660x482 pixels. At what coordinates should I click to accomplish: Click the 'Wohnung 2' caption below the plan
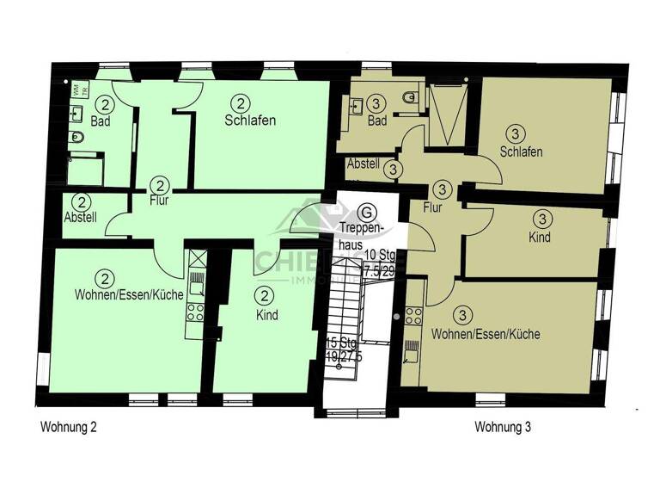point(69,426)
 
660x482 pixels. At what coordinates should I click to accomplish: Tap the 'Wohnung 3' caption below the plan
point(506,426)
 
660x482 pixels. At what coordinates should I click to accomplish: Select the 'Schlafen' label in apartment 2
point(250,120)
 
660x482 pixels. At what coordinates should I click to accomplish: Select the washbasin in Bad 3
point(354,108)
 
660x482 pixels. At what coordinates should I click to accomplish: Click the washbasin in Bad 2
point(77,112)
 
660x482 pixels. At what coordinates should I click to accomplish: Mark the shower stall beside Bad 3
point(446,109)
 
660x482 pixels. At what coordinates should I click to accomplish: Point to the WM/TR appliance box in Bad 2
point(78,90)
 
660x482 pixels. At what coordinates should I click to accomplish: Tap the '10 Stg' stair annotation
point(379,255)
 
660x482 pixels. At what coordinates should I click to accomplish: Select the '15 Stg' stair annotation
point(340,343)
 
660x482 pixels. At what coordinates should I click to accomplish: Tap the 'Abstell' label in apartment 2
point(81,219)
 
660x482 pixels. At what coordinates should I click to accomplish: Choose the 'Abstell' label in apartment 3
point(362,164)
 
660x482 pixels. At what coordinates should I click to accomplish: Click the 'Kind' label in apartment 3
point(539,238)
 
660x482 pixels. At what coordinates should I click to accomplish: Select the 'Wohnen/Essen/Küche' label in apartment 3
point(486,334)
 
